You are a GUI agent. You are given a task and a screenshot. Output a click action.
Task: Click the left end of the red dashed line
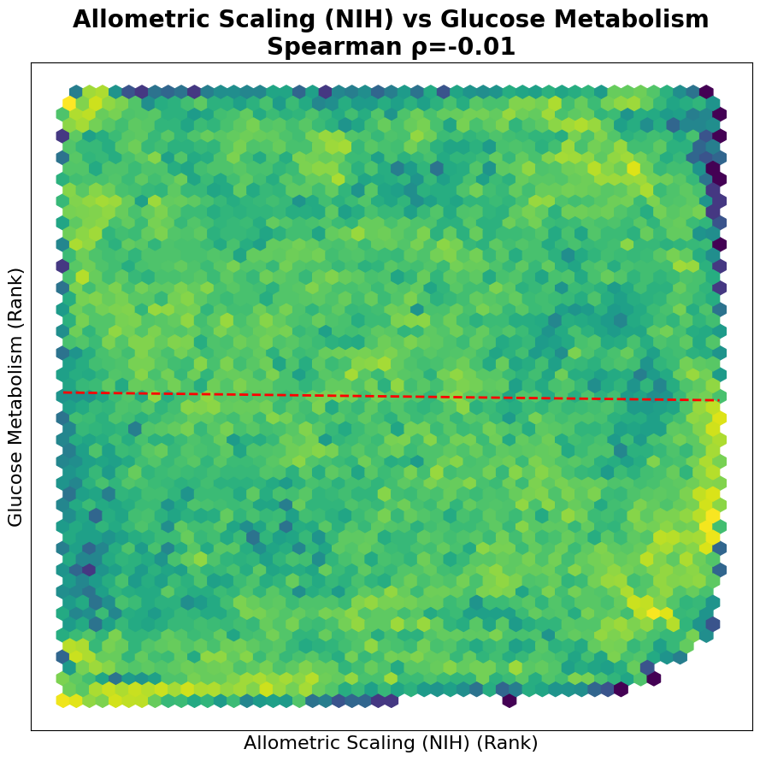point(63,392)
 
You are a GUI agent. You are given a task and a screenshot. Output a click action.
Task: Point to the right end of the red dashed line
point(719,400)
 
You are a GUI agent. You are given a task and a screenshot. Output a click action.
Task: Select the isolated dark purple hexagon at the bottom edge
point(510,701)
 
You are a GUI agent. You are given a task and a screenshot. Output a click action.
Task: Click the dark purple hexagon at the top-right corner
point(706,91)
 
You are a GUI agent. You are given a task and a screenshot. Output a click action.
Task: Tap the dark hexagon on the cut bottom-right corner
point(653,679)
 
